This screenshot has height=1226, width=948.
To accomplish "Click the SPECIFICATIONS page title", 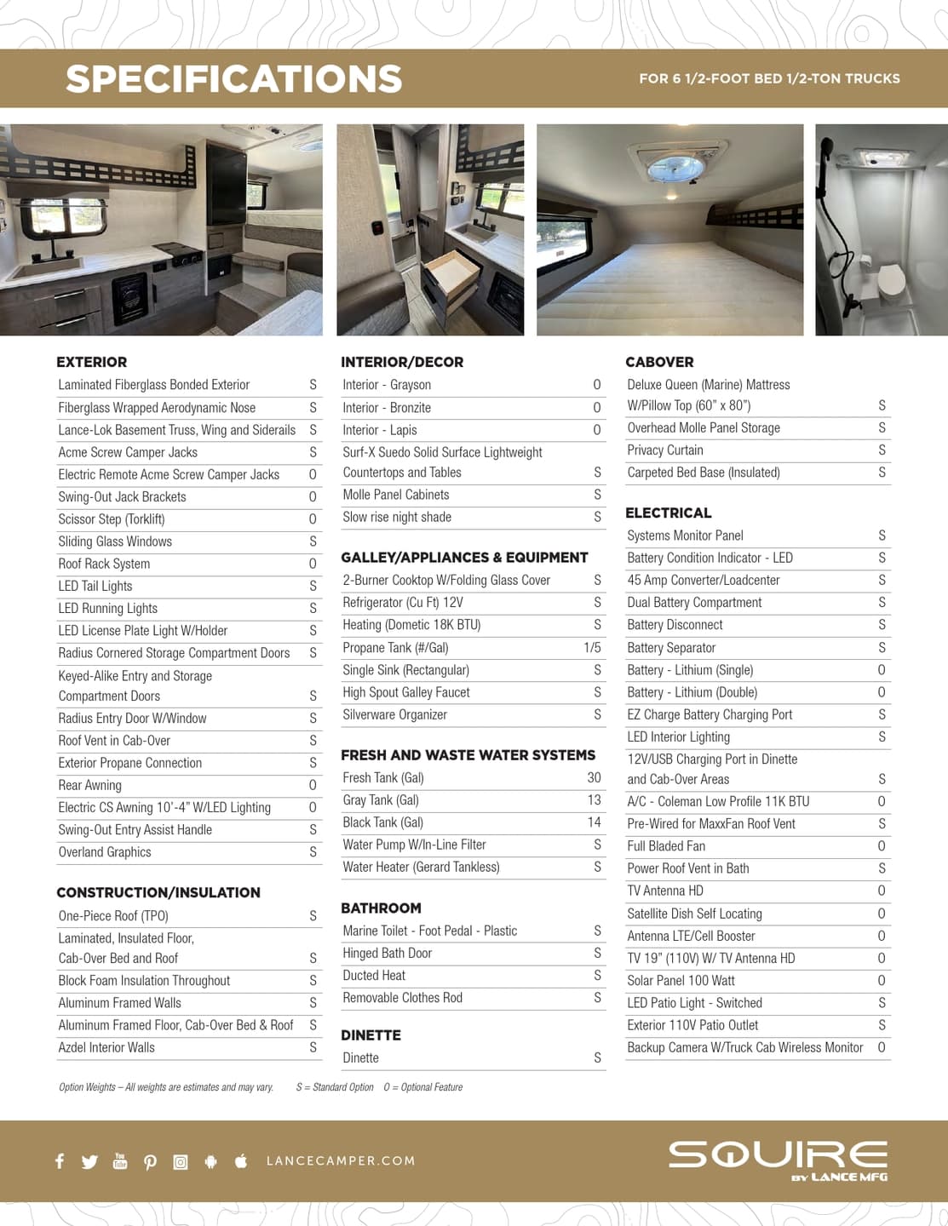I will coord(233,79).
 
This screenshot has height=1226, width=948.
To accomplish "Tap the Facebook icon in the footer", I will coord(60,1160).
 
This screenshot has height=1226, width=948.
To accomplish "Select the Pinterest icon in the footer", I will coord(150,1161).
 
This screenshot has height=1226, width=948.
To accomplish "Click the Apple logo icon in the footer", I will coord(241,1160).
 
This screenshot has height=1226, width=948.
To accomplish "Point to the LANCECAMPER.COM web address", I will coord(341,1160).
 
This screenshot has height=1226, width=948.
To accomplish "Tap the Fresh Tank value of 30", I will coord(594,777).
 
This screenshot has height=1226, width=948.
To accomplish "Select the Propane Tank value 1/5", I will coord(592,648).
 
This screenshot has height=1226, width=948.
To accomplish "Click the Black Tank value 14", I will coord(594,822).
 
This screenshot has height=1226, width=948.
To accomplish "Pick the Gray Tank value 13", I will coord(594,800).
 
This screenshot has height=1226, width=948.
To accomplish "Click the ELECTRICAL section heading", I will coord(668,513).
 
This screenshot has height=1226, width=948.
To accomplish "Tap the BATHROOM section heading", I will coord(381,908).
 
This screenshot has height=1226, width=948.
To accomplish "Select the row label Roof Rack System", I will coord(104,564).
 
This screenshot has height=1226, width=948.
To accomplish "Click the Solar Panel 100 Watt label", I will coord(681,981).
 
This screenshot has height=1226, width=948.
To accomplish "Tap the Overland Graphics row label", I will coord(105,852).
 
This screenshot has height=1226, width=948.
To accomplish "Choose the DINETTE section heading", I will coord(371,1035).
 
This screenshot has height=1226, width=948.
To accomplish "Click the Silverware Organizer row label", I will coord(394,715).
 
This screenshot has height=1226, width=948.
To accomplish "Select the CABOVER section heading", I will coord(659,362).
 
